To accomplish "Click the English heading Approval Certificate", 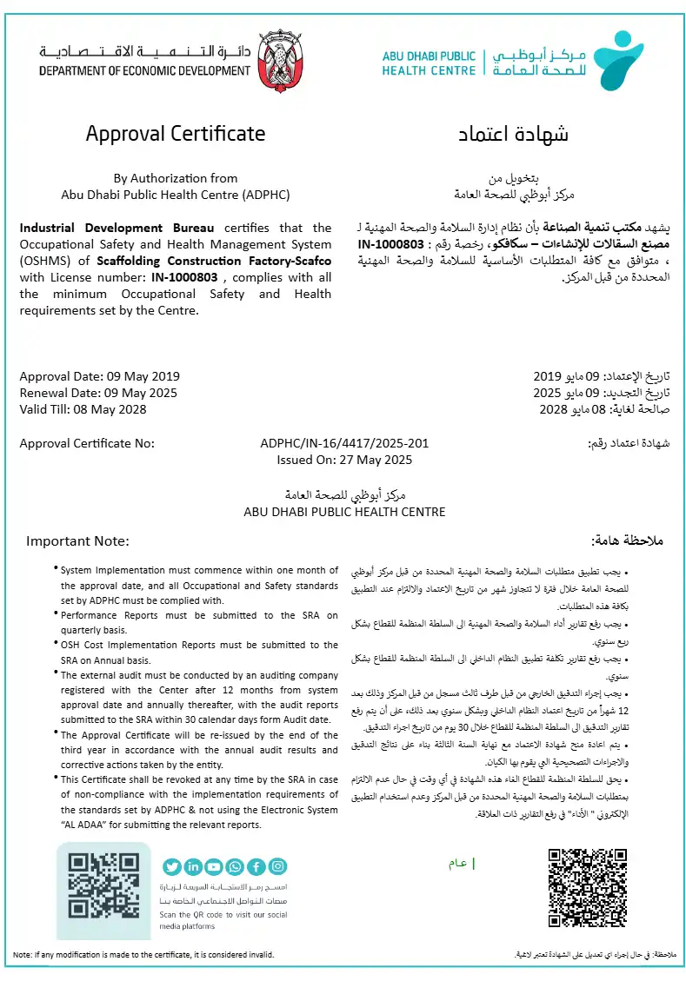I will click(x=175, y=134).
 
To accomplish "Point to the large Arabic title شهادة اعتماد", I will click(x=514, y=135).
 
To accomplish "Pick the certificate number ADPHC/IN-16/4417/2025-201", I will click(x=344, y=443).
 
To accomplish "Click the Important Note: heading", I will click(x=77, y=540).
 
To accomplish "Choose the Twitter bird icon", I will click(x=172, y=866).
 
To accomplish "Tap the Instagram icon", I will click(x=277, y=866).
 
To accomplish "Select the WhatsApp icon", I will click(x=236, y=866).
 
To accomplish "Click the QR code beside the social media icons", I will click(x=103, y=891).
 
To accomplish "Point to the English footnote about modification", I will click(x=143, y=955).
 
